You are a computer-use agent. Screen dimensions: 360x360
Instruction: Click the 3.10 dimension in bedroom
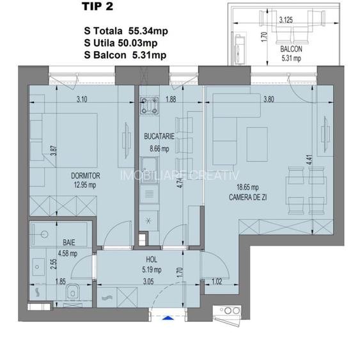tap(81, 99)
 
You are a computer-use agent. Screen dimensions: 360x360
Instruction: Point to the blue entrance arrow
tap(168, 315)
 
